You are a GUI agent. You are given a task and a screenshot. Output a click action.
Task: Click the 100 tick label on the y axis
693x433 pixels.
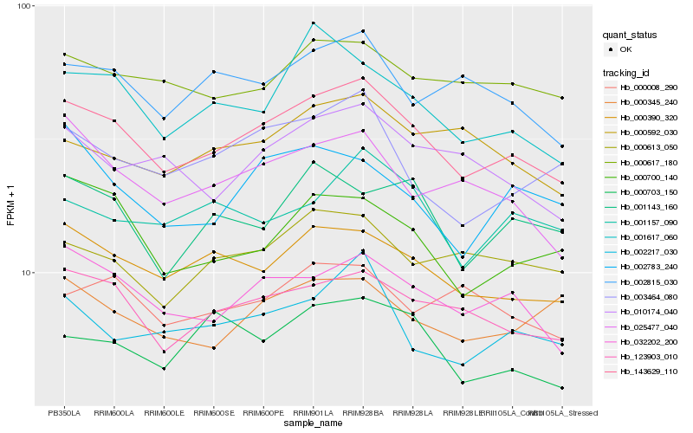[x=24, y=6]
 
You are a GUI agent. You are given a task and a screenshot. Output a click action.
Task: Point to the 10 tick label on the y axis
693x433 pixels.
[x=26, y=273]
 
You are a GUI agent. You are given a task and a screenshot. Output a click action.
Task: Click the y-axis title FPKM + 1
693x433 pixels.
[x=10, y=205]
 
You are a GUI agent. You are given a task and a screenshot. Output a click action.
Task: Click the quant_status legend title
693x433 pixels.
[x=630, y=36]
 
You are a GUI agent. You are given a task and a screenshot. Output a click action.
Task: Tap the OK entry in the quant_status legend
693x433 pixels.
[x=625, y=49]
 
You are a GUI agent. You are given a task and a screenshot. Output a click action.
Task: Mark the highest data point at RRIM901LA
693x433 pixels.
[x=313, y=23]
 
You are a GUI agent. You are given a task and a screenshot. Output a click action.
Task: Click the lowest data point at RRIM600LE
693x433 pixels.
[x=164, y=369]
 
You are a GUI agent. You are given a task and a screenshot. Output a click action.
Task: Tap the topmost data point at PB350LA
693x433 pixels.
[x=64, y=55]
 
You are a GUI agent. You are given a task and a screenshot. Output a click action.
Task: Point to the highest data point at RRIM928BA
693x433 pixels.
[x=363, y=31]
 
